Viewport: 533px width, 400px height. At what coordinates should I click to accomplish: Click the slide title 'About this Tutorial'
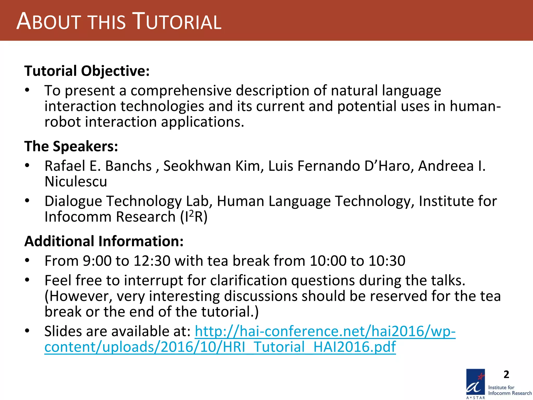(x=119, y=21)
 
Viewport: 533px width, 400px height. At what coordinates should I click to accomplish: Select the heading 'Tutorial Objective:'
(x=87, y=71)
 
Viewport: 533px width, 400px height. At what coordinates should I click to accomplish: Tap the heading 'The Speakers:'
(x=71, y=146)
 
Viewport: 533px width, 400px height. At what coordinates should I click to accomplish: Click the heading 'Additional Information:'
(x=104, y=241)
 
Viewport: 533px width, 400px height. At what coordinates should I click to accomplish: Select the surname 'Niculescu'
(x=76, y=182)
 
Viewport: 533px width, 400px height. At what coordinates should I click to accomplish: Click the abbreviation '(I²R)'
(x=194, y=217)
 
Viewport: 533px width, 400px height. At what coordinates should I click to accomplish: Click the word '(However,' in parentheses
(x=78, y=296)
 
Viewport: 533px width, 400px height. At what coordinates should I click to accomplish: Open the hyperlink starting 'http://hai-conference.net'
(x=325, y=331)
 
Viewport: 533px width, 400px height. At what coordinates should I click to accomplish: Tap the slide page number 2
(x=506, y=374)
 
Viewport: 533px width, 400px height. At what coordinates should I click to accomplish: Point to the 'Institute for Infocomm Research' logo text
(x=510, y=390)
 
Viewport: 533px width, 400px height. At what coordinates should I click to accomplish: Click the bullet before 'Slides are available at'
(x=27, y=331)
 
